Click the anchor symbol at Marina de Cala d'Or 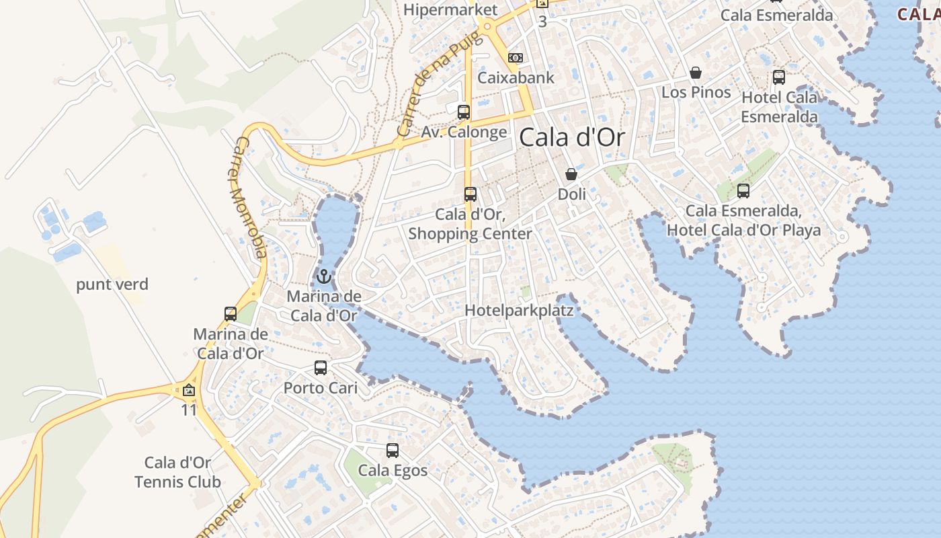click(x=324, y=276)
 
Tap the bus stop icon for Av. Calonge click(x=464, y=112)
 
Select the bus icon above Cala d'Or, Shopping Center click(x=470, y=194)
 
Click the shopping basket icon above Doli click(x=571, y=174)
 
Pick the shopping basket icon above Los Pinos click(x=696, y=73)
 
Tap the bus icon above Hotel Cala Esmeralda click(x=779, y=77)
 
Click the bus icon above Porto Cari click(x=321, y=368)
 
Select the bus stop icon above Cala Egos click(x=393, y=451)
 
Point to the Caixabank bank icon click(x=516, y=58)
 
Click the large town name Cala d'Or click(x=572, y=138)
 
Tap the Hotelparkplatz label click(x=519, y=311)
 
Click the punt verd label click(x=112, y=284)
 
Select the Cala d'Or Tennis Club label click(x=177, y=472)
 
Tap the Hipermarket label click(x=451, y=9)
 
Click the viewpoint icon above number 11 click(x=189, y=390)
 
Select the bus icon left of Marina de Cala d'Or click(x=231, y=313)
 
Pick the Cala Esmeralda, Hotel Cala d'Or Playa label click(x=743, y=221)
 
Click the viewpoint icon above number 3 click(x=542, y=3)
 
